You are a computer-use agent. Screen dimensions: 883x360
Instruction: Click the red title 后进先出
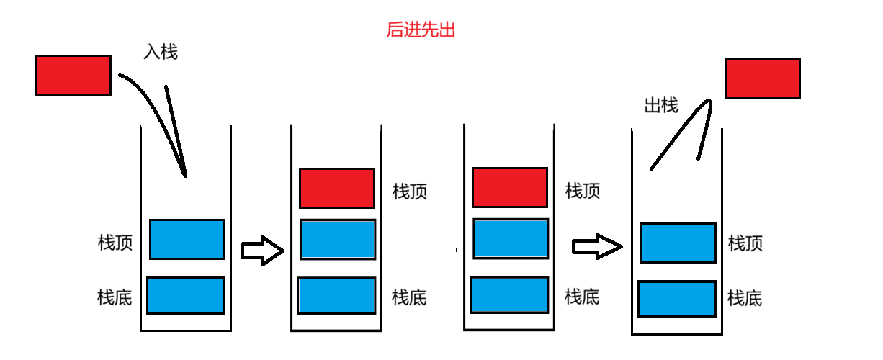pos(421,30)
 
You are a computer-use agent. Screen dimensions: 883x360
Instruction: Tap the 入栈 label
pos(160,52)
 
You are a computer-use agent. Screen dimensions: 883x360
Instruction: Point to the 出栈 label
pos(660,106)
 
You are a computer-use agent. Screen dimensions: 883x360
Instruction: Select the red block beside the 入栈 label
pos(73,75)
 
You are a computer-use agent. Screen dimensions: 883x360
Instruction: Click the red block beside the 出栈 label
pos(763,78)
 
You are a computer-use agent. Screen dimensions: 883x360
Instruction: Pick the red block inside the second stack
pos(337,188)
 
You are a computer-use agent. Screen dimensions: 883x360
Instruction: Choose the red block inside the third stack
pos(510,187)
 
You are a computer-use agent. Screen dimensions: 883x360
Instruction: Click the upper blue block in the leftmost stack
pos(187,239)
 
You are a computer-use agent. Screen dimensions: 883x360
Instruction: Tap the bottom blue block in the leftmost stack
pos(186,295)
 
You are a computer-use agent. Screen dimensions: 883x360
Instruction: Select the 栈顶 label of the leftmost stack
pos(115,243)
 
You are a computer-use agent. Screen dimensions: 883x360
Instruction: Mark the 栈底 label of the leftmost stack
pos(115,297)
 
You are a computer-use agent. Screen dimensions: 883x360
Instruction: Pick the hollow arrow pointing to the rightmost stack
pos(596,247)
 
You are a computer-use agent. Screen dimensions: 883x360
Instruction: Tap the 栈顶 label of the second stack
pos(410,192)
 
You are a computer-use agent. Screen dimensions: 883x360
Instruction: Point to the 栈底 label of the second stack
pos(409,297)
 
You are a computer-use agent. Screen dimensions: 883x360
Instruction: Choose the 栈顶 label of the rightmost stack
pos(745,243)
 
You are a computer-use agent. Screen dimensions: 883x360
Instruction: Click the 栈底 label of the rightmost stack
pos(745,297)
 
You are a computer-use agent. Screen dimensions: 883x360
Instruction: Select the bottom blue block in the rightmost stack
pos(677,300)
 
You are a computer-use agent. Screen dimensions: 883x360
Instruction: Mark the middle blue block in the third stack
pos(511,239)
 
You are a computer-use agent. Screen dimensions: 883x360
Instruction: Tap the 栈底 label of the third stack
pos(582,296)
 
